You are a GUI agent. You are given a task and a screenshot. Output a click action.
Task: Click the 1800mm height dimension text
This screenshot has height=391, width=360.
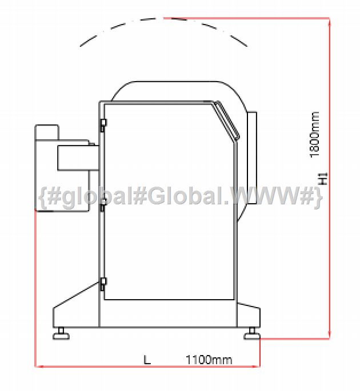tap(314, 135)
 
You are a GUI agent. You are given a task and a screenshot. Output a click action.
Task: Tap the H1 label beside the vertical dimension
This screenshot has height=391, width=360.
tap(323, 179)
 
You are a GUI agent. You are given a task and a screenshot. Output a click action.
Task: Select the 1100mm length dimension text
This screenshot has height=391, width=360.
tap(209, 360)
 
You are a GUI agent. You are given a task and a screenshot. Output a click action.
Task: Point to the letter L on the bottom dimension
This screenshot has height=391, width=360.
tap(147, 360)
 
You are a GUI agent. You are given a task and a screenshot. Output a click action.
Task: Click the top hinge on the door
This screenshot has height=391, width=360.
tap(103, 125)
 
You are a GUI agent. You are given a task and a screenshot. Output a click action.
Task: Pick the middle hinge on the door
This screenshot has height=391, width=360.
tap(103, 205)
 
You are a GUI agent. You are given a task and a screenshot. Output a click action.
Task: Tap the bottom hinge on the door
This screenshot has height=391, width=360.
tap(103, 284)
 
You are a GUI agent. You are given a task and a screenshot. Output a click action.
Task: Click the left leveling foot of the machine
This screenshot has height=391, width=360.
tap(61, 334)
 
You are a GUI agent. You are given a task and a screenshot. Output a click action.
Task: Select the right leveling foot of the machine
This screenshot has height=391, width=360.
tap(252, 334)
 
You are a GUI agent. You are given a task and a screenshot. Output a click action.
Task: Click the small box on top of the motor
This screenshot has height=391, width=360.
tap(47, 132)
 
